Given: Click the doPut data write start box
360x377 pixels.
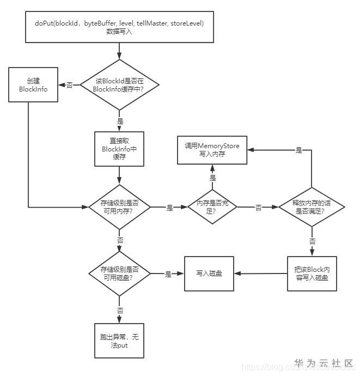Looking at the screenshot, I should coord(119,27).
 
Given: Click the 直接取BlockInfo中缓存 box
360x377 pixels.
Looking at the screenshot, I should coord(119,149).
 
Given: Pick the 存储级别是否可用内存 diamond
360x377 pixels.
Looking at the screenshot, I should coord(119,208).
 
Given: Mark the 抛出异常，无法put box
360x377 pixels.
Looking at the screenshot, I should coord(119,342).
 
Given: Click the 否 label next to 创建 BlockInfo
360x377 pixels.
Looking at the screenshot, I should coord(70,86).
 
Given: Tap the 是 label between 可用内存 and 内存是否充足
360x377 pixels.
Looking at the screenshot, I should coord(169,208).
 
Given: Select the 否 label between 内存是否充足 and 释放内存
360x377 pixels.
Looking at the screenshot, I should coord(258,208).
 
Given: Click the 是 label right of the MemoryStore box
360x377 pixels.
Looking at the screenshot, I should coord(298,150).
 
